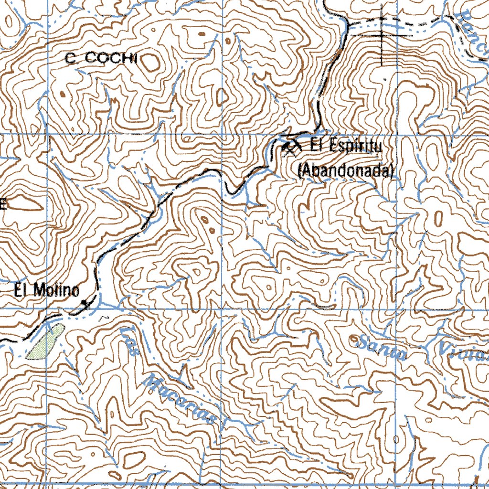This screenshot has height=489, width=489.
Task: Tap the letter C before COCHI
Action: tap(70, 59)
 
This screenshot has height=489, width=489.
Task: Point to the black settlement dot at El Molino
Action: tap(85, 303)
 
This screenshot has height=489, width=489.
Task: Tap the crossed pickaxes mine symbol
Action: tap(290, 148)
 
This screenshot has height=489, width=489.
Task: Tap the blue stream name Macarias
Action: tap(180, 398)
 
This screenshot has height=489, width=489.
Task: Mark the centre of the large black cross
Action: tap(382, 34)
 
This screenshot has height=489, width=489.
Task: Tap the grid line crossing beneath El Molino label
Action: tap(48, 309)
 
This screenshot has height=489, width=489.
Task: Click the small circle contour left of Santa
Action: tap(354, 339)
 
